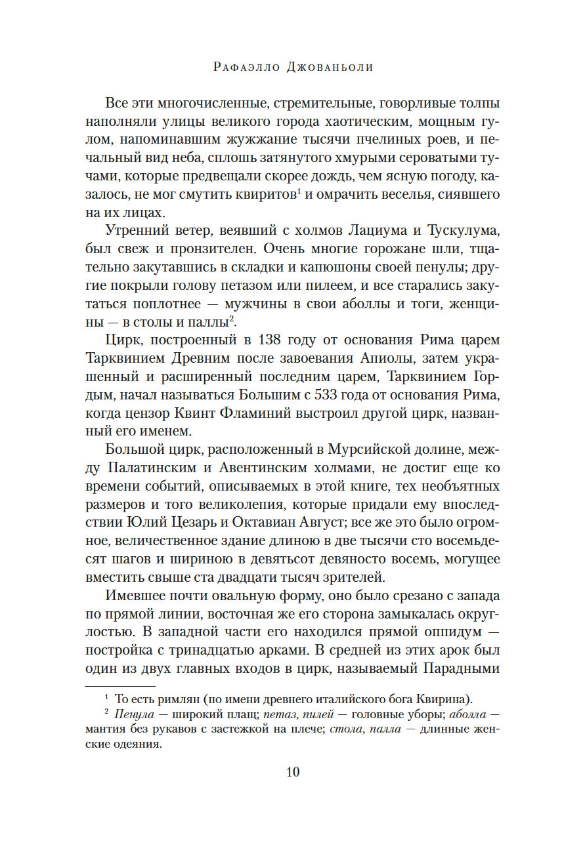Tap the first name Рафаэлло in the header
(x=241, y=67)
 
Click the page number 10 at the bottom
(x=293, y=771)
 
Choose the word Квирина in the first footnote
(x=442, y=697)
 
